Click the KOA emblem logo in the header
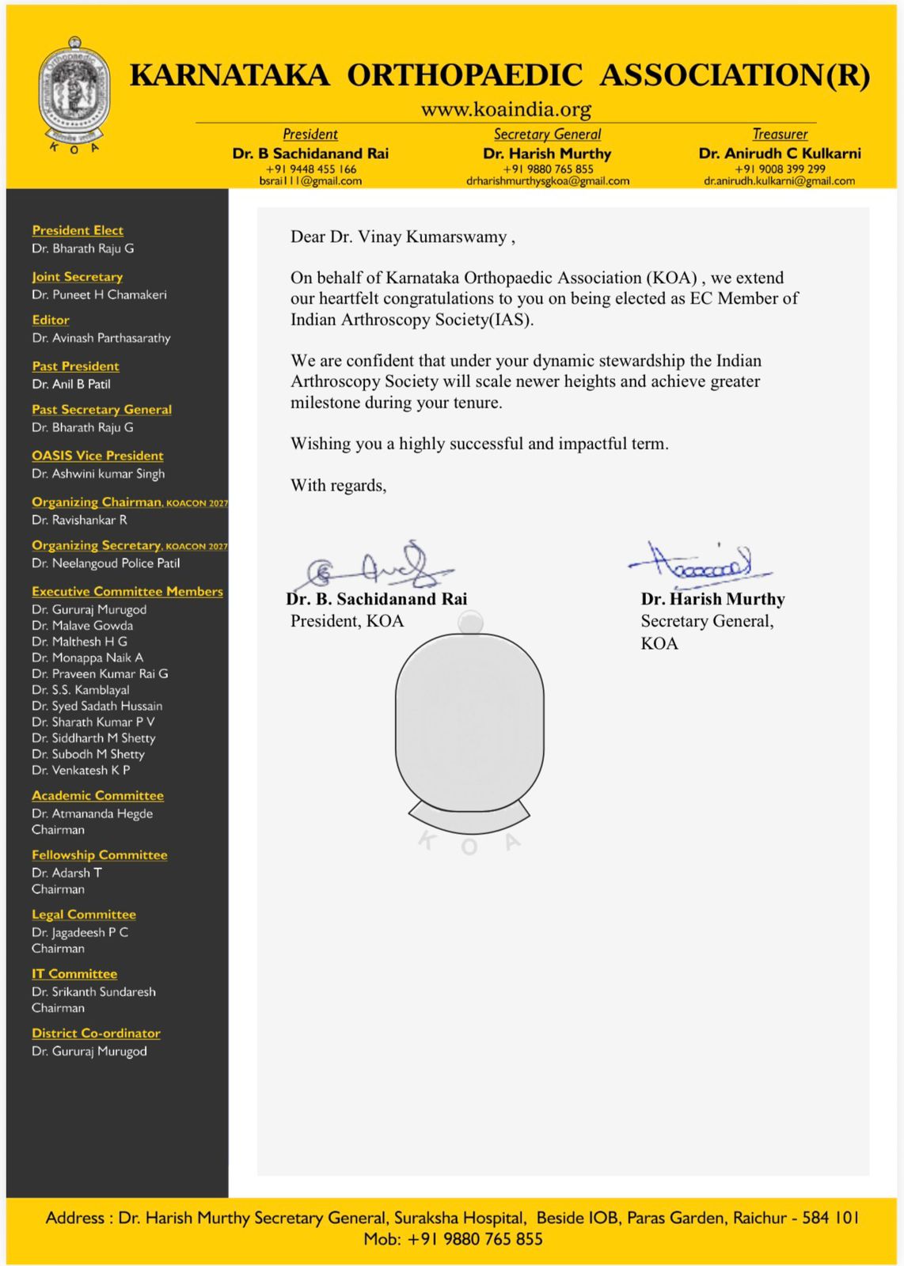pos(74,93)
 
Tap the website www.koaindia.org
pos(506,109)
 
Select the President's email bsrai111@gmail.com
pos(310,181)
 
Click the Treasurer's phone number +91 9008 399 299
pos(780,169)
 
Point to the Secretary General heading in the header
pos(547,135)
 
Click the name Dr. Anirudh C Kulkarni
pos(780,154)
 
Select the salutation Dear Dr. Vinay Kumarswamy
pos(403,237)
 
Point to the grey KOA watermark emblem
pos(469,732)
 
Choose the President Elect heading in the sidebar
pos(78,230)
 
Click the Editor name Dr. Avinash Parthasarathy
pos(101,338)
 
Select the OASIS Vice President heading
pos(97,456)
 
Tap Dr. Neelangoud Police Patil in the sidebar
pos(106,563)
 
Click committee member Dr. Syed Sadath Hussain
pos(97,706)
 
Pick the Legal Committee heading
pos(84,915)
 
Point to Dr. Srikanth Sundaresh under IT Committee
pos(93,991)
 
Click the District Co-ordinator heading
pos(96,1033)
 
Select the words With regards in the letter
pos(338,485)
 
